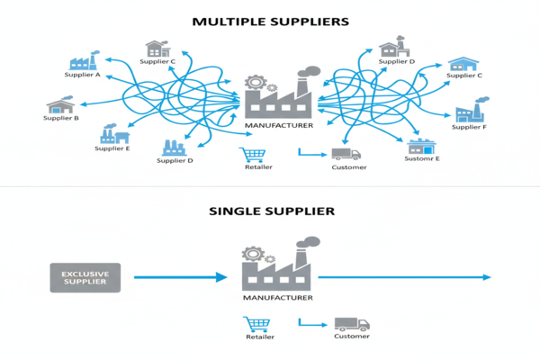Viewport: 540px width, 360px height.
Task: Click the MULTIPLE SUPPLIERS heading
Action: pyautogui.click(x=271, y=18)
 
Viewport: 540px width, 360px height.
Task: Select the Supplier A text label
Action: pyautogui.click(x=85, y=75)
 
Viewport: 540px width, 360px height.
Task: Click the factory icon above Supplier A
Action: pyautogui.click(x=84, y=60)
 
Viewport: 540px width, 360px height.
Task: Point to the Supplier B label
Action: pyautogui.click(x=62, y=118)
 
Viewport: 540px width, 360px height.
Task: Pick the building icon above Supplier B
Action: pyautogui.click(x=62, y=103)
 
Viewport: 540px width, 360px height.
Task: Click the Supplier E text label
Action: pyautogui.click(x=112, y=148)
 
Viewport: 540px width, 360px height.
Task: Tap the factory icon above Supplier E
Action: pyautogui.click(x=114, y=134)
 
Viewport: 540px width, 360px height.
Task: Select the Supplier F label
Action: pyautogui.click(x=469, y=127)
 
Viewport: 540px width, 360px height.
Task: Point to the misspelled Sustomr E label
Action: pyautogui.click(x=422, y=158)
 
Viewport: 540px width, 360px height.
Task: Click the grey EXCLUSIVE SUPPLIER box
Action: pyautogui.click(x=85, y=277)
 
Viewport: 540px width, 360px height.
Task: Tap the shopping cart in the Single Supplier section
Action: pyautogui.click(x=256, y=325)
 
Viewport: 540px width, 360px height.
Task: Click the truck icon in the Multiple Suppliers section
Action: pyautogui.click(x=346, y=154)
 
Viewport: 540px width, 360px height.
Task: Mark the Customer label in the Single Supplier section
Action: pyautogui.click(x=351, y=337)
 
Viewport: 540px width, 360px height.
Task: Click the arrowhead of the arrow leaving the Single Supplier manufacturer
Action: pyautogui.click(x=487, y=277)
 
